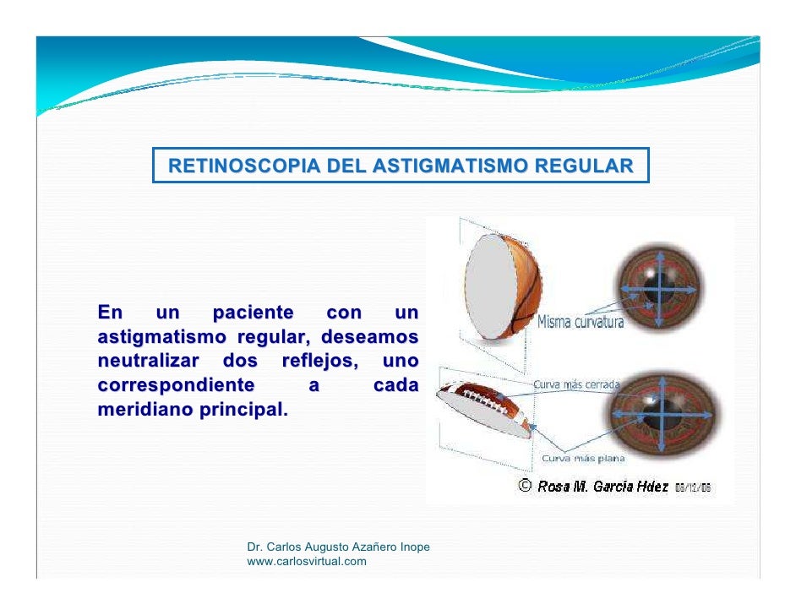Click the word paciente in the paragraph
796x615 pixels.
[x=253, y=313]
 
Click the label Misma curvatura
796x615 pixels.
[x=581, y=323]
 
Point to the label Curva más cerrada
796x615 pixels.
[x=575, y=384]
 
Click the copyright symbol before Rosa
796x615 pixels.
[x=524, y=487]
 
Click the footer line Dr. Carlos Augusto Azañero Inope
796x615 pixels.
[x=338, y=547]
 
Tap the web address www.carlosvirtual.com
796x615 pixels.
[x=306, y=561]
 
